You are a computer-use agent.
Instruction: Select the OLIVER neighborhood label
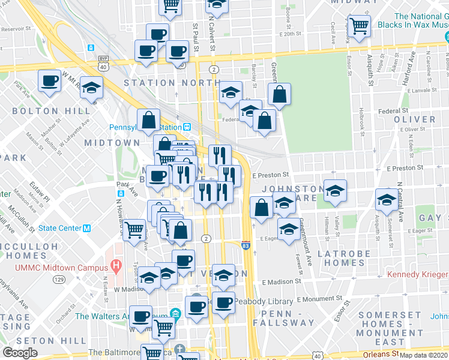pyautogui.click(x=415, y=119)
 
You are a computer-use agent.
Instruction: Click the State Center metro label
pyautogui.click(x=64, y=228)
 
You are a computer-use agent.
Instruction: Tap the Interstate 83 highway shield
pyautogui.click(x=246, y=246)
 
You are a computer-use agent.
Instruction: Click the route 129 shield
pyautogui.click(x=59, y=280)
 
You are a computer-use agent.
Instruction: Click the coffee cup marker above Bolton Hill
pyautogui.click(x=49, y=80)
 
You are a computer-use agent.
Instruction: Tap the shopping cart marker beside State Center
pyautogui.click(x=134, y=229)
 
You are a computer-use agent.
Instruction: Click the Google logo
pyautogui.click(x=20, y=353)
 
